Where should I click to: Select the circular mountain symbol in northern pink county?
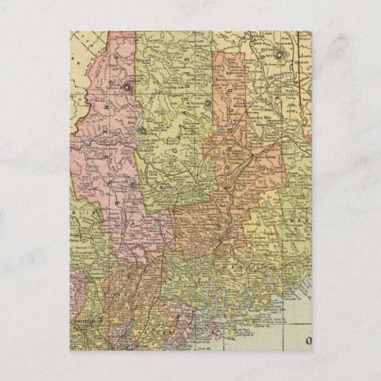(127, 88)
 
